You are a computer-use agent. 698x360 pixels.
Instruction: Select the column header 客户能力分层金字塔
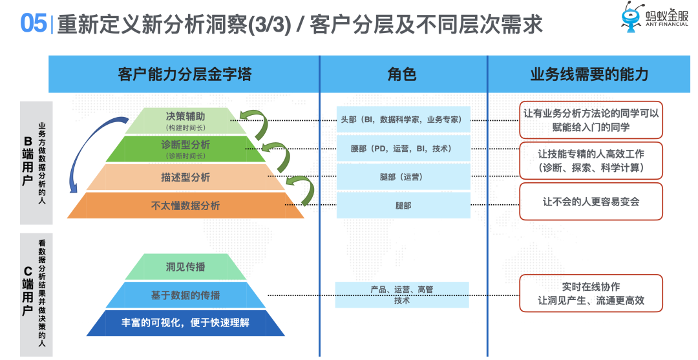184,74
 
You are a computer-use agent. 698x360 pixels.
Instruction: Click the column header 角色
402,74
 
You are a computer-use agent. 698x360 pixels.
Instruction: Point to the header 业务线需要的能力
589,74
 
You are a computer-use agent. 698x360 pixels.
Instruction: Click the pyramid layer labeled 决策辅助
185,120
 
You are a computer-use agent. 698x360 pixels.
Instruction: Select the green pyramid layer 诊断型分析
185,148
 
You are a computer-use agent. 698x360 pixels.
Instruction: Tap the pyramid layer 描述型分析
185,177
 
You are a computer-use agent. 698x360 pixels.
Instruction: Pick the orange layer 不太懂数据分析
185,206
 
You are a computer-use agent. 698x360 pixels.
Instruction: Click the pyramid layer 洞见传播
185,267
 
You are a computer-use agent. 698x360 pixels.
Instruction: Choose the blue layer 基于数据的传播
185,295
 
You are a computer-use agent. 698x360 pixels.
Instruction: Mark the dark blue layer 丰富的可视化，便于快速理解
185,323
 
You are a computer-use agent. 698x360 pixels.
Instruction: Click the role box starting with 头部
403,120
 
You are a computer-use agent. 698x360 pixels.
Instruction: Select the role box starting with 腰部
403,149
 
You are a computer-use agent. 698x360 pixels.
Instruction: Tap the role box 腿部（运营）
403,176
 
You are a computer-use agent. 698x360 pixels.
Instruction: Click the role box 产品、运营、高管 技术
402,295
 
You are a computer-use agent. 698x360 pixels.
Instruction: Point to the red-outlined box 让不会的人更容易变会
591,202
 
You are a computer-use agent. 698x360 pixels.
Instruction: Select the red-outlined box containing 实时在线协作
591,293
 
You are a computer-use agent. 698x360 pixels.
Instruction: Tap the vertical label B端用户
28,162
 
